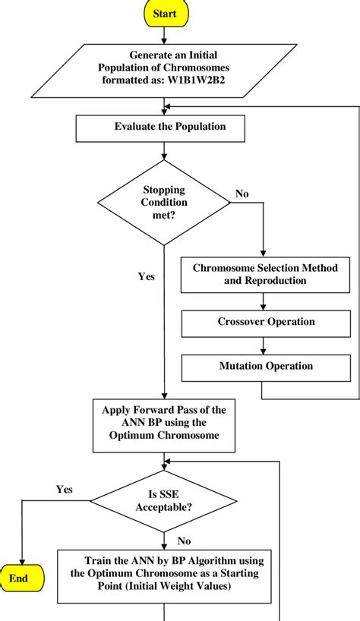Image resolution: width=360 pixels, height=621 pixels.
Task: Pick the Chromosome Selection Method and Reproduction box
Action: click(264, 274)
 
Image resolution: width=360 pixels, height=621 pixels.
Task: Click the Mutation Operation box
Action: click(265, 367)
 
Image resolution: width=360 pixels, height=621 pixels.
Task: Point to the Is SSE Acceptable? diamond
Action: click(164, 500)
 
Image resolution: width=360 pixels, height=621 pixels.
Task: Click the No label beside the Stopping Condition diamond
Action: click(242, 194)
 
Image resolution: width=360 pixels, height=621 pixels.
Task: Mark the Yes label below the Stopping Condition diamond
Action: click(146, 277)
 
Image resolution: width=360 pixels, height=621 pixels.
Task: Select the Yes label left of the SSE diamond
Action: click(64, 490)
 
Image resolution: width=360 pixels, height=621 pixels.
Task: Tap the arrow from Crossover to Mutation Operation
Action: click(263, 345)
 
